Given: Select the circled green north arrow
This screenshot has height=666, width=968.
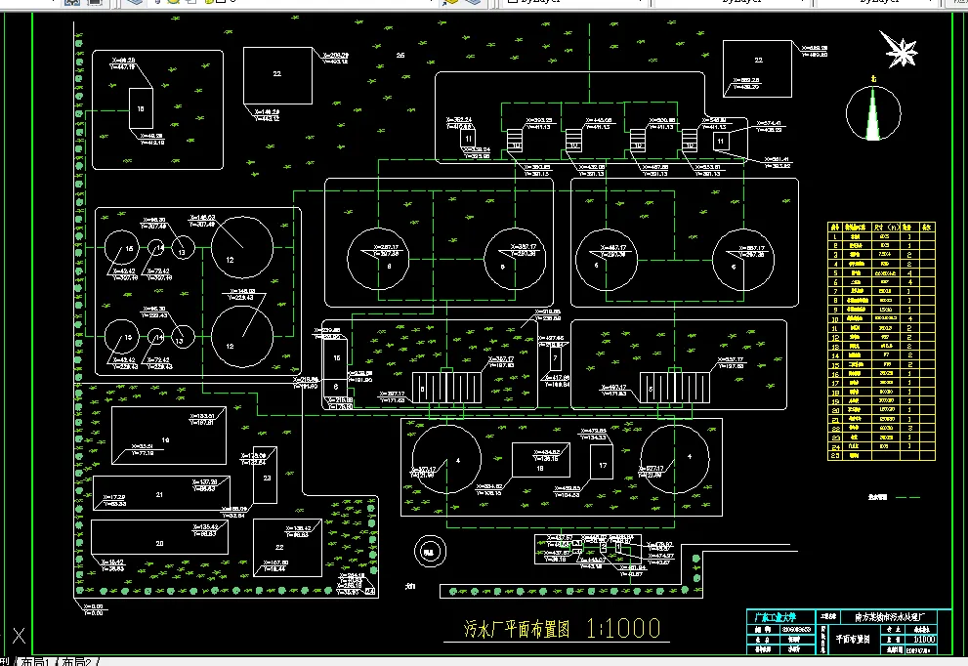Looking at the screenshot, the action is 873,113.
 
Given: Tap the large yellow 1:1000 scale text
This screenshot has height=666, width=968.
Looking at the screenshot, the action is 624,628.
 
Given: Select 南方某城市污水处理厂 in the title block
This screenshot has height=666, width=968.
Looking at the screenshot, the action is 895,616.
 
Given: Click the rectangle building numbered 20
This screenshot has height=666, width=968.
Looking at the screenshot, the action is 160,541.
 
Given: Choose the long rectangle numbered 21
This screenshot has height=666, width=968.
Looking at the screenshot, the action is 160,494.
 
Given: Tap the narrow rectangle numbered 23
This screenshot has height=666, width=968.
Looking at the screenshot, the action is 268,478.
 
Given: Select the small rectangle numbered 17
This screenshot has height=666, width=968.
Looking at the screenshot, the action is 603,467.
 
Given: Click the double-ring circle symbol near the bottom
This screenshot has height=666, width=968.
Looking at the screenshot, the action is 427,551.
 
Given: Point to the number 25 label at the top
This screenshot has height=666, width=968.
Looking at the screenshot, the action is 400,55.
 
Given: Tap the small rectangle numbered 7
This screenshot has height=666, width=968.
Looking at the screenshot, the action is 554,358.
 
